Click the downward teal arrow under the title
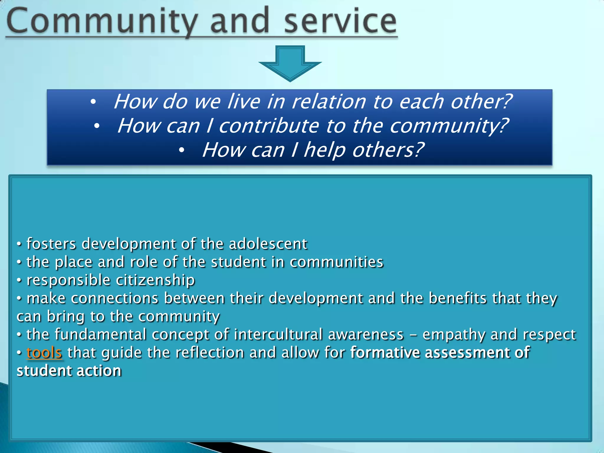click(290, 63)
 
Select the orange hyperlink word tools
click(44, 353)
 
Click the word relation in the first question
click(329, 102)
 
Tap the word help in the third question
click(324, 150)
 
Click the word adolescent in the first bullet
click(268, 244)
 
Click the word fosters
click(51, 244)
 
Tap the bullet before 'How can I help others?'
click(182, 150)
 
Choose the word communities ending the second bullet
click(337, 262)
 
